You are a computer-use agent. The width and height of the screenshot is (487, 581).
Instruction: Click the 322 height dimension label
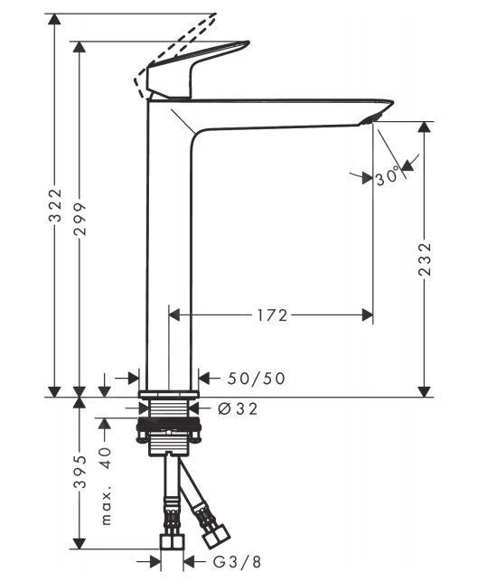point(55,206)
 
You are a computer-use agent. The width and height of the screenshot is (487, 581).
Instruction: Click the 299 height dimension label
point(80,217)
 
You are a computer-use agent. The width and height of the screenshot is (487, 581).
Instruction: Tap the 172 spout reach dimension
point(270,315)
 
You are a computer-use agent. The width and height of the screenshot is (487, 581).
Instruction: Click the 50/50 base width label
point(254,379)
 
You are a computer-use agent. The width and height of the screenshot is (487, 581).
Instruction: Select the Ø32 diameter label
point(238,409)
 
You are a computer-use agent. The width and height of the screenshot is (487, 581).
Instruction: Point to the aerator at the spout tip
point(372,119)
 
